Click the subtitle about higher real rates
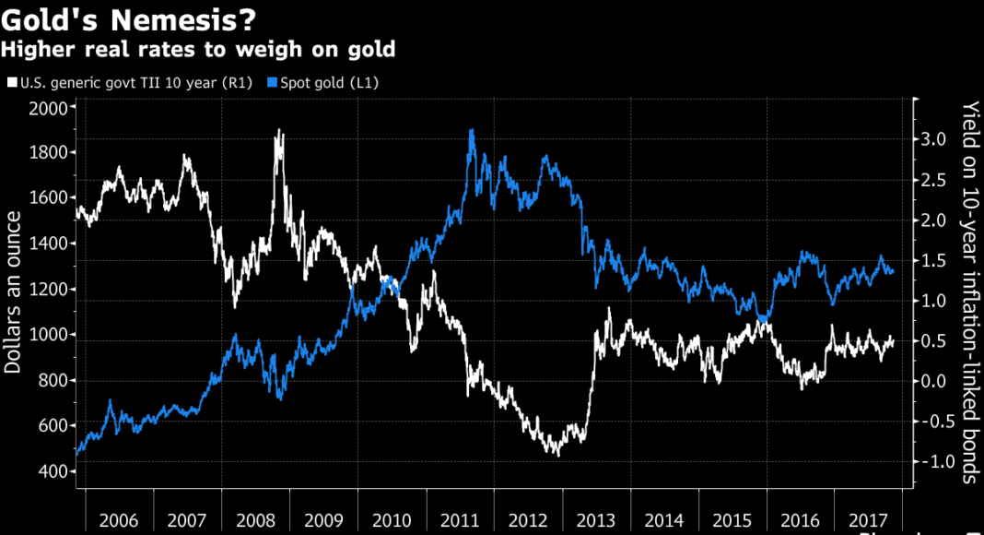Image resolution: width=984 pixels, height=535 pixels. click(198, 47)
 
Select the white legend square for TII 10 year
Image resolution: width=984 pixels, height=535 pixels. click(10, 83)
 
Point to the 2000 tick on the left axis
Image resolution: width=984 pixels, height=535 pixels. click(52, 108)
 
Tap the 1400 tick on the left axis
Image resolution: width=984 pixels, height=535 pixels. click(52, 244)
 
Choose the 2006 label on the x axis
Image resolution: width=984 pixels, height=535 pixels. click(119, 520)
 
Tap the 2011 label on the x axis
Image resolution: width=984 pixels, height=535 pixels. click(460, 520)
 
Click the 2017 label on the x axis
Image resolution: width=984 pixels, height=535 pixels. click(868, 520)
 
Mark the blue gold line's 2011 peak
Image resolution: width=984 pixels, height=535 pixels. click(472, 130)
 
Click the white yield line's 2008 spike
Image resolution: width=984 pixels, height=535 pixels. click(279, 131)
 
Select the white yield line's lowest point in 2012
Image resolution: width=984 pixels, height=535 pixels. click(556, 455)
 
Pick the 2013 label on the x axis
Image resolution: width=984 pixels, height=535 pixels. click(596, 520)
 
